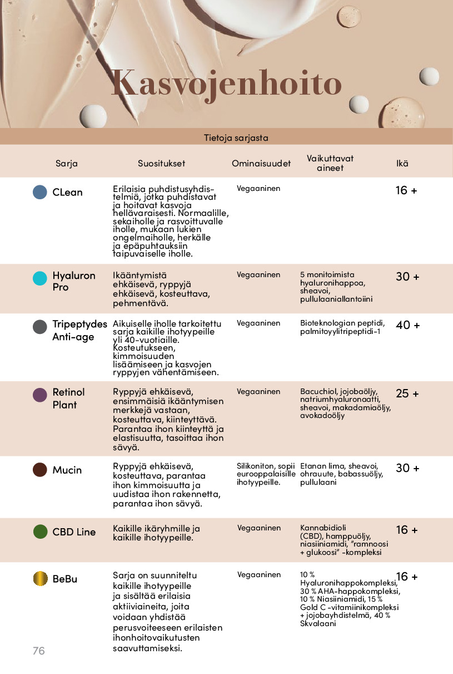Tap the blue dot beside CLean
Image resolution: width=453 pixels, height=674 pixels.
click(40, 192)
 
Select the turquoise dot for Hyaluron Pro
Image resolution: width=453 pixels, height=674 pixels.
click(40, 279)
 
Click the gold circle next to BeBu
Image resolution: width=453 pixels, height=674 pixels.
click(40, 579)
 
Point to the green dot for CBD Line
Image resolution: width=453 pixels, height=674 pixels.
click(40, 532)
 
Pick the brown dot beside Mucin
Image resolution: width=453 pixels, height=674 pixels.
click(40, 470)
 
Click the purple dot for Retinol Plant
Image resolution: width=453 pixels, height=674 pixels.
click(40, 395)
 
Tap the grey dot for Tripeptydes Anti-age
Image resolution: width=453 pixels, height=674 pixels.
click(40, 327)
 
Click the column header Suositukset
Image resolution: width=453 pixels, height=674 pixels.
click(161, 164)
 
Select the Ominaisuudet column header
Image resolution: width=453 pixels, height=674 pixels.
click(261, 164)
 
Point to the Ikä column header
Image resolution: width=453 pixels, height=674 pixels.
click(402, 164)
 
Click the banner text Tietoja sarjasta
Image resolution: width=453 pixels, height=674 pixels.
click(236, 137)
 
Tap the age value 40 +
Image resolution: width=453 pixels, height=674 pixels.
click(407, 325)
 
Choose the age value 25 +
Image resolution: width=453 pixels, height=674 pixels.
click(407, 394)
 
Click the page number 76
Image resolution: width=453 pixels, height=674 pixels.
click(38, 651)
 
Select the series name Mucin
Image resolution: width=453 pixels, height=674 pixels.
click(67, 470)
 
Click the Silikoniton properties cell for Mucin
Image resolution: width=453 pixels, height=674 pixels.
click(266, 474)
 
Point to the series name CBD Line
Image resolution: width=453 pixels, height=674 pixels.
click(74, 532)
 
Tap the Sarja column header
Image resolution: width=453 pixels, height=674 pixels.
click(67, 164)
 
